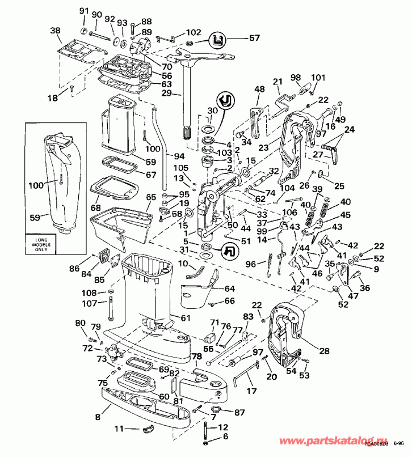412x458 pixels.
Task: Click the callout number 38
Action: coord(56,31)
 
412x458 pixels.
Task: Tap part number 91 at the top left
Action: coord(84,11)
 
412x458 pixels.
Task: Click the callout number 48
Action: coord(259,89)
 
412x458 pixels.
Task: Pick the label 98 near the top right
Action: coord(296,77)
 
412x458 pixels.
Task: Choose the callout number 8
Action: coord(99,417)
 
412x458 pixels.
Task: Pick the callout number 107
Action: coord(90,303)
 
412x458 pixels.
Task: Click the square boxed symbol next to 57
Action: coord(220,39)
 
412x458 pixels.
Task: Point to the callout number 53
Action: coord(305,375)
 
